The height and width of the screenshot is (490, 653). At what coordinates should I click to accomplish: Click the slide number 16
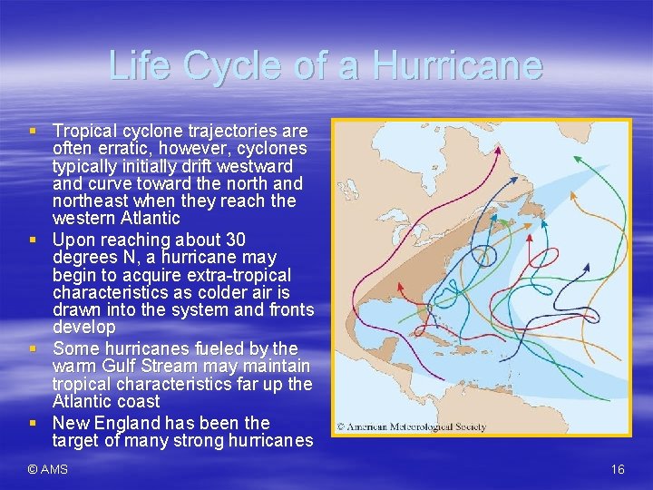[618, 469]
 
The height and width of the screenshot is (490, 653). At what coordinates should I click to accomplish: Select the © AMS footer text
[47, 469]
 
